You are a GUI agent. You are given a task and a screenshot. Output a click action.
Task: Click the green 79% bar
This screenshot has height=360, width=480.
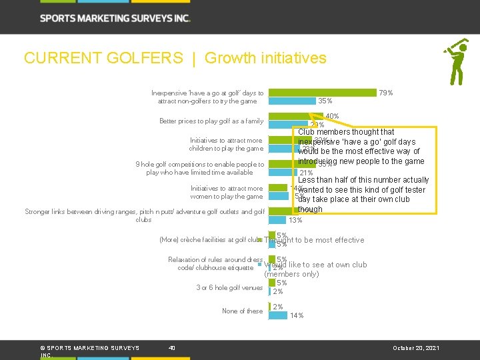point(322,93)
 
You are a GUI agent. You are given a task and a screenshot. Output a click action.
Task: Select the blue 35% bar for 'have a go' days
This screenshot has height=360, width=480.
point(291,101)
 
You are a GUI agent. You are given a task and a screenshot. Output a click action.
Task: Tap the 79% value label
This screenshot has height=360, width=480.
point(385,93)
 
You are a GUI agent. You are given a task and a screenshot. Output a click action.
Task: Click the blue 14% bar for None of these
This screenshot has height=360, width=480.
point(277,315)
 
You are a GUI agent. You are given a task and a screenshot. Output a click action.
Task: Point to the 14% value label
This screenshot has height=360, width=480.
point(297,315)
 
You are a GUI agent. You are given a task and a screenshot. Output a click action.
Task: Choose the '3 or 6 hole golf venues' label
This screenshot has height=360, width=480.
point(229,287)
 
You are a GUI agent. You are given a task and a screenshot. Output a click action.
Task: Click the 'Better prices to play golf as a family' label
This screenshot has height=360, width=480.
point(211,121)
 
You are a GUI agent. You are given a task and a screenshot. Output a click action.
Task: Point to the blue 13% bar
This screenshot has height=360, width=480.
point(277,220)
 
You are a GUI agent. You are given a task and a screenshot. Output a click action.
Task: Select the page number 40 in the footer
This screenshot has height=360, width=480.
point(172,347)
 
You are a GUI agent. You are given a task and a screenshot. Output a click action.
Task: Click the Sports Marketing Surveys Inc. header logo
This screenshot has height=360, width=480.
point(115,18)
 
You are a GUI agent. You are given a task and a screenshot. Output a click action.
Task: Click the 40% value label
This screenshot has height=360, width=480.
point(331,116)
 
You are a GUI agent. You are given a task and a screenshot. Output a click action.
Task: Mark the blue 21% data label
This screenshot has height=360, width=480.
point(307,173)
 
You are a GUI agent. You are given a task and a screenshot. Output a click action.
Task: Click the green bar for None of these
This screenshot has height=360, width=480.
point(269,307)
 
